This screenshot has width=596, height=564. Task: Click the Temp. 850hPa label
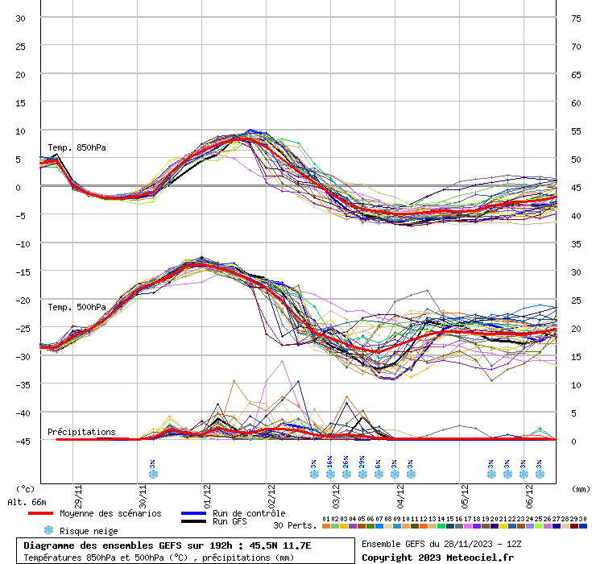(77, 147)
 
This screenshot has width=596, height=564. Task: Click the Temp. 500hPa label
(77, 307)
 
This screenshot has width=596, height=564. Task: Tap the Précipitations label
(81, 432)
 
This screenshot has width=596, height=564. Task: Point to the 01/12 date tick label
(206, 491)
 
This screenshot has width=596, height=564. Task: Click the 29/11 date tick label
(77, 491)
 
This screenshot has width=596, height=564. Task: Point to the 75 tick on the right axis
(576, 19)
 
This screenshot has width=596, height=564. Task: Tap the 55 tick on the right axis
(576, 131)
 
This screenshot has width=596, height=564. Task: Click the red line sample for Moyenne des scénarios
(52, 513)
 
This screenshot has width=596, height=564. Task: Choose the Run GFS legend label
(230, 522)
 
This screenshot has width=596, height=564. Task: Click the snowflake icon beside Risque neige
(48, 530)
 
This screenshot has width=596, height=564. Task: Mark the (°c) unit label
(26, 488)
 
